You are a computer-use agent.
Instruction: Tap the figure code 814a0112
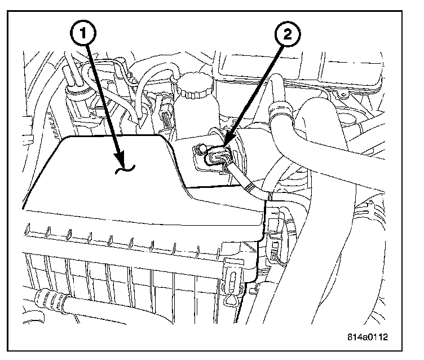tap(368, 339)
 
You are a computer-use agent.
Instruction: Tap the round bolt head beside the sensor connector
tap(198, 151)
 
